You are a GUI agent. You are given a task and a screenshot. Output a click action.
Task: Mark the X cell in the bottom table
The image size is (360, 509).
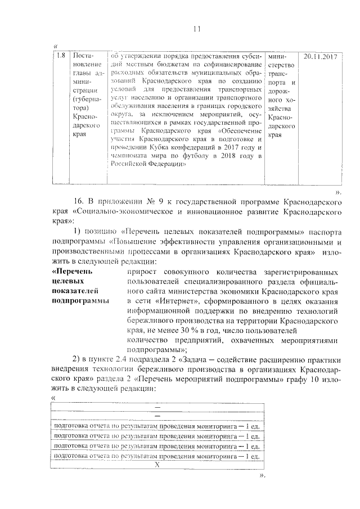157,465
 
